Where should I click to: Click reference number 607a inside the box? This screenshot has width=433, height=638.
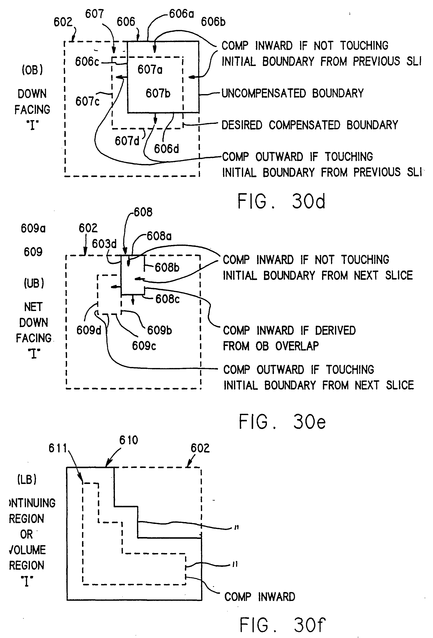[150, 70]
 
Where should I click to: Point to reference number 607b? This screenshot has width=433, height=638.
[158, 93]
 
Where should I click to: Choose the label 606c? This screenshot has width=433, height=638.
[87, 62]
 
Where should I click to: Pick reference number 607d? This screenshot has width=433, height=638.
[127, 141]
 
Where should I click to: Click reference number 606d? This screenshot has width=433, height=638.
[166, 149]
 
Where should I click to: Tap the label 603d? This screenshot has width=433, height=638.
[104, 244]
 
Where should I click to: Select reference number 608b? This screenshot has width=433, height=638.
[167, 267]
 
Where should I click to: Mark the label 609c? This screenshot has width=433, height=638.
[144, 346]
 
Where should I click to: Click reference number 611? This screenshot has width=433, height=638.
[58, 448]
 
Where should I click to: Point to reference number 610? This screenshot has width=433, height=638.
[128, 440]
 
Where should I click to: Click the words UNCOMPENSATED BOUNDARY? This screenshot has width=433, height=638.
[292, 93]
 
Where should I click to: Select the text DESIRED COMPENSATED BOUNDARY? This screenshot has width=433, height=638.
[310, 125]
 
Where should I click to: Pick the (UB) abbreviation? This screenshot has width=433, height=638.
[34, 283]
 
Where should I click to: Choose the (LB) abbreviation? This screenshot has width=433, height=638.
[27, 479]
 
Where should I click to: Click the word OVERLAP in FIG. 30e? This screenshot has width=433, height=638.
[297, 346]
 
